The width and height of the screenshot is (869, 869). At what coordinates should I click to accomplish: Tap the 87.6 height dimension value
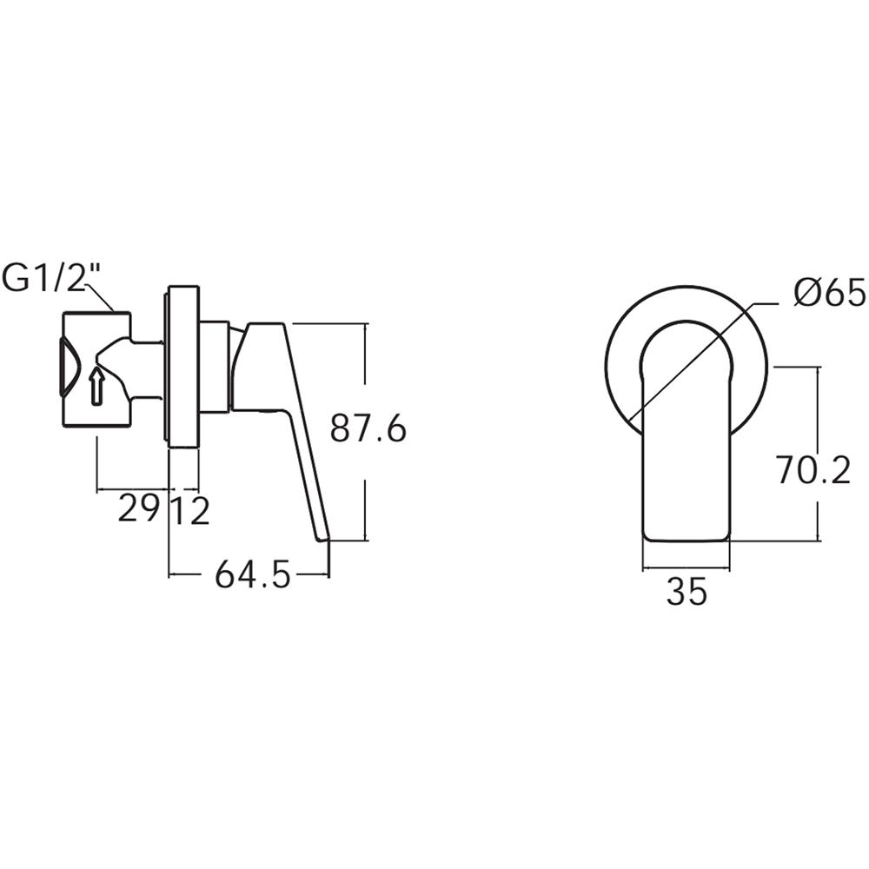click(368, 429)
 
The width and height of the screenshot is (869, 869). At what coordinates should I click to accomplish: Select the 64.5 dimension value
click(253, 575)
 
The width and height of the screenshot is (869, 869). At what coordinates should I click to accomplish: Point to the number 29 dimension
click(139, 511)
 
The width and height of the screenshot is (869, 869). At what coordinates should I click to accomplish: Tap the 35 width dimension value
click(687, 593)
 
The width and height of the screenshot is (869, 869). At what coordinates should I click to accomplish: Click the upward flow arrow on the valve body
click(96, 385)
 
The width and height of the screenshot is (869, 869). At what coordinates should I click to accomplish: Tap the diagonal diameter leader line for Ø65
click(695, 356)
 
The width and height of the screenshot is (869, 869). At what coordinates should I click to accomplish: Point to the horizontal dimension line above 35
click(687, 569)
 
